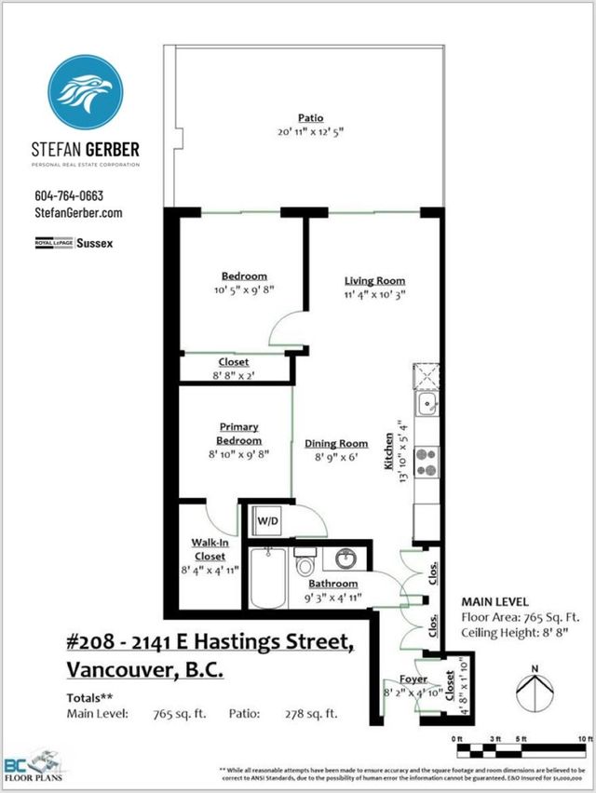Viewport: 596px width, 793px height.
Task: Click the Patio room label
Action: [x=310, y=118]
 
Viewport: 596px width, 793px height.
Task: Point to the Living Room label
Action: [x=374, y=281]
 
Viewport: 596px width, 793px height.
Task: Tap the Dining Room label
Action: [x=332, y=444]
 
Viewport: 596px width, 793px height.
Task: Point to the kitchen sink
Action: [x=429, y=404]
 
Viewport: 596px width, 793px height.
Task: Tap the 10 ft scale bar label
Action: [x=584, y=738]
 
